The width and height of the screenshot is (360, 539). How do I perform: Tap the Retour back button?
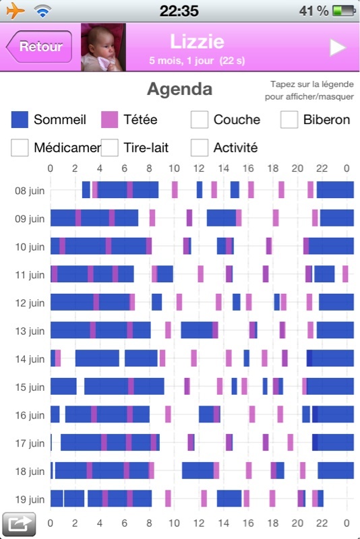point(39,46)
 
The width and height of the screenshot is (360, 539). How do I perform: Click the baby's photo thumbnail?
point(103,47)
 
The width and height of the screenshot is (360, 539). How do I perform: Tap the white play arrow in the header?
point(337,47)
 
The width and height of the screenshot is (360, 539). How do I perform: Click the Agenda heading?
point(179,89)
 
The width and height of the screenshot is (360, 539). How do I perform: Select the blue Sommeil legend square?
point(20,120)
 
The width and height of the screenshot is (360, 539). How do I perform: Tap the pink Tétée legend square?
point(109,120)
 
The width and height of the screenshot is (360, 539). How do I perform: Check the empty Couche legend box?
point(200,120)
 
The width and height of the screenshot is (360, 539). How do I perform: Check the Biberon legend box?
point(289,120)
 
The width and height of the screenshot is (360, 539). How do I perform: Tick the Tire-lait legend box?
point(110,148)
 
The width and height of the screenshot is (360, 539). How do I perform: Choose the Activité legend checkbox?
point(200,148)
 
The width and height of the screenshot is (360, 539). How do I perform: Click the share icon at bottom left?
point(19,524)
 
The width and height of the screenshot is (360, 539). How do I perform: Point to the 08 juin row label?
point(30,191)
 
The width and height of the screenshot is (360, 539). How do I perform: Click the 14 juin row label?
point(30,359)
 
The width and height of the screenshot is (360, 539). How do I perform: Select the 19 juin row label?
point(30,499)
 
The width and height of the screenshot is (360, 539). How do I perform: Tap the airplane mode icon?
point(16,10)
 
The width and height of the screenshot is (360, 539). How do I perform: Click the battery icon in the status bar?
point(344,11)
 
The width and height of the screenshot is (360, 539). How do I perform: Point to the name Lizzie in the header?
point(197,42)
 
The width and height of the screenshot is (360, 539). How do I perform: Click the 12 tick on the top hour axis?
point(199,168)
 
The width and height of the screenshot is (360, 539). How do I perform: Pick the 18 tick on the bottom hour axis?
point(273,524)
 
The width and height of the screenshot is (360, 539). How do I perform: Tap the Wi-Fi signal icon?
point(42,11)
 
